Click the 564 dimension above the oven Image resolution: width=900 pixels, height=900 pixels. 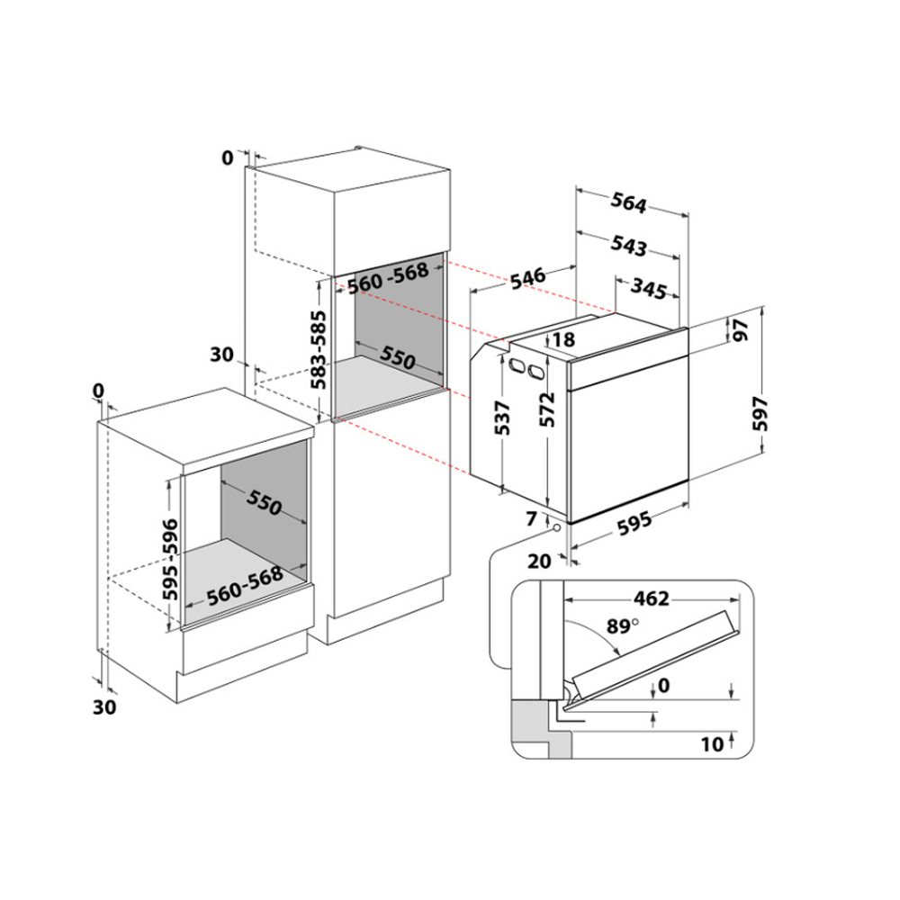(628, 202)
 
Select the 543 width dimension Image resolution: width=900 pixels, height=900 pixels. (628, 246)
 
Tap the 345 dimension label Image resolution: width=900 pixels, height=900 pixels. (649, 288)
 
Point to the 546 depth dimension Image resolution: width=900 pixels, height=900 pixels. (527, 278)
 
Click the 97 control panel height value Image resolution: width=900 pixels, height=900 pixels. (741, 330)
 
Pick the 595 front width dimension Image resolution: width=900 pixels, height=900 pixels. (634, 523)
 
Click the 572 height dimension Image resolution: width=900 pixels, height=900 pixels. (548, 409)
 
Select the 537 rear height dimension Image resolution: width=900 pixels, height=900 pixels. (502, 418)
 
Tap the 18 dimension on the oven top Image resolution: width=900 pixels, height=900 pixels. (563, 340)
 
